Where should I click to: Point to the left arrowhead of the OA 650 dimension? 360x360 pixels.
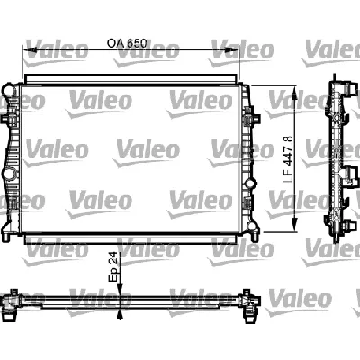click(x=28, y=52)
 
